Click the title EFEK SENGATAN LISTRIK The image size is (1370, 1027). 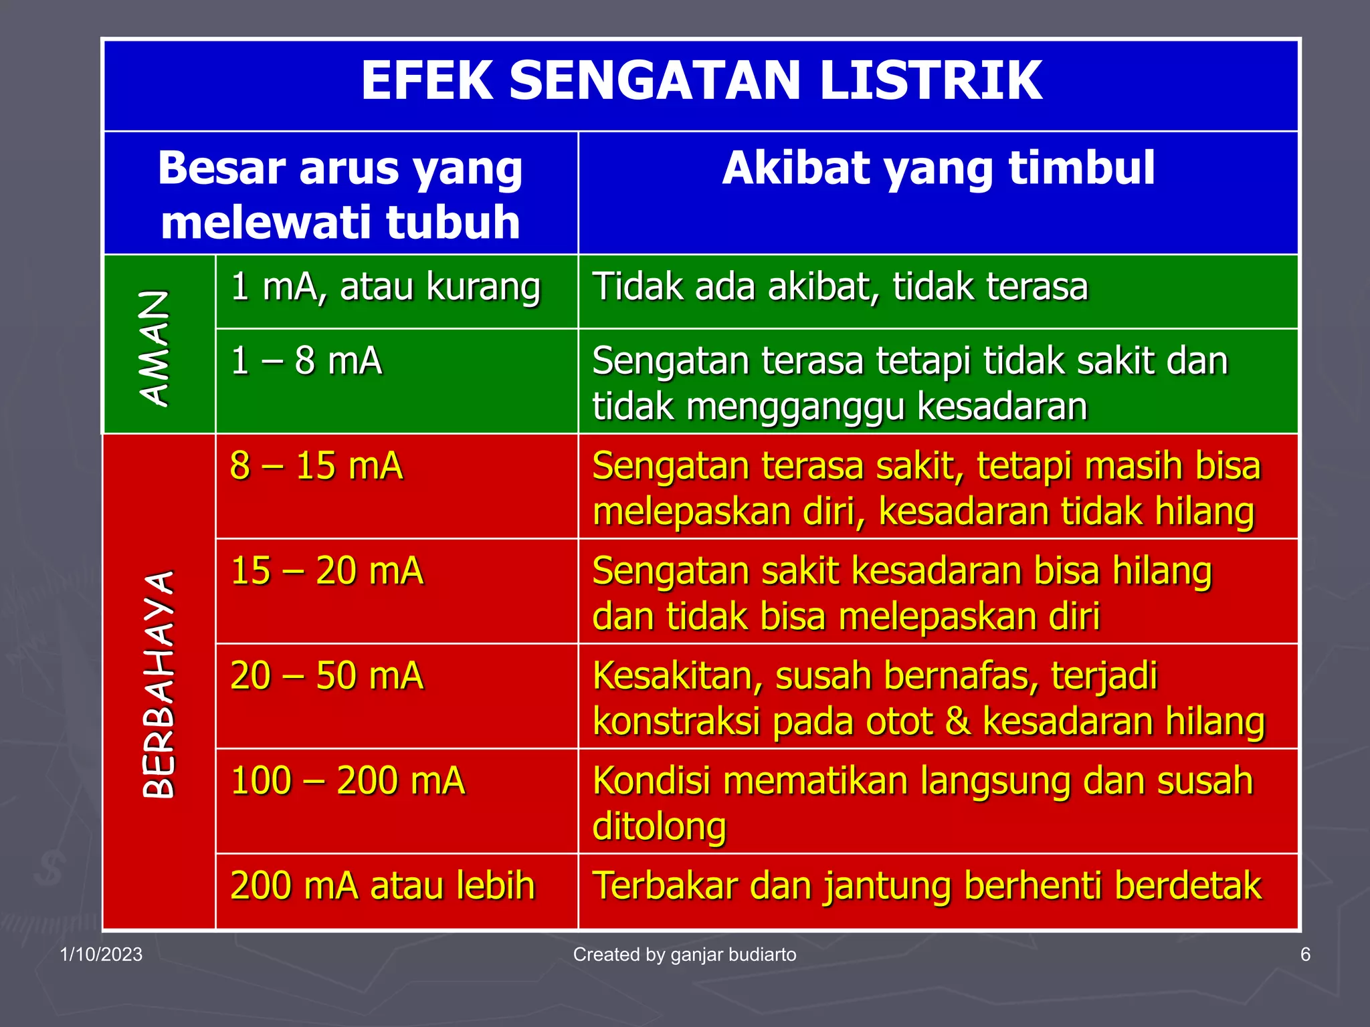[701, 82]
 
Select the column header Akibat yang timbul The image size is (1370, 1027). [938, 168]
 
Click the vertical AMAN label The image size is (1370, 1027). [155, 348]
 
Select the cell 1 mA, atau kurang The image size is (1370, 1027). [385, 288]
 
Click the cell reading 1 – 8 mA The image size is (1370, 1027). [306, 361]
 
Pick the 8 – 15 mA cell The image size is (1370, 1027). [316, 466]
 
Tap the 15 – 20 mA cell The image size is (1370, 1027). [326, 571]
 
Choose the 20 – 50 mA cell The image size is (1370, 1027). [326, 676]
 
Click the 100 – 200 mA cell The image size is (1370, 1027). [347, 781]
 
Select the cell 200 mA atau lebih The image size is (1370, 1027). [383, 886]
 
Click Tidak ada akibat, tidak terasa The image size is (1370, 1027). [840, 288]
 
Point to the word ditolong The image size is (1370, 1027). [659, 828]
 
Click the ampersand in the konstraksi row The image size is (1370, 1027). [958, 723]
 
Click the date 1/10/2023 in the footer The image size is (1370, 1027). [101, 954]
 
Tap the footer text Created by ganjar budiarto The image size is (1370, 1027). [684, 954]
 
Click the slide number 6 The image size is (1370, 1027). [1304, 954]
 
